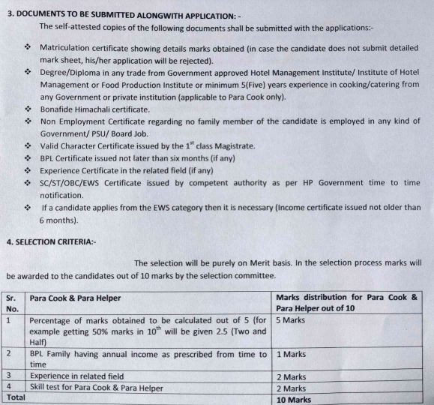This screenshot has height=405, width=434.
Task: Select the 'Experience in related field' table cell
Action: click(82, 376)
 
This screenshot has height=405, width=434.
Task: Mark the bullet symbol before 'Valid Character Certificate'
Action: click(28, 146)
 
